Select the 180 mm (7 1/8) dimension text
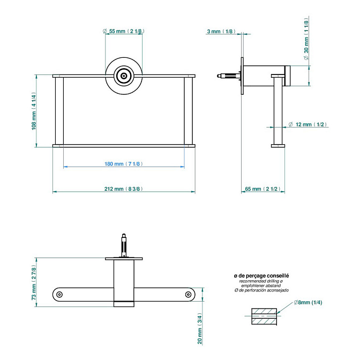click(124, 164)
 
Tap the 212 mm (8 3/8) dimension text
click(124, 189)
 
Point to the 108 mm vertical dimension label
click(33, 111)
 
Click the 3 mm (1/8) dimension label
click(221, 32)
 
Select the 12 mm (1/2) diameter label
click(307, 124)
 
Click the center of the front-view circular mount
click(124, 76)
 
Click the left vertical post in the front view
click(59, 111)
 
